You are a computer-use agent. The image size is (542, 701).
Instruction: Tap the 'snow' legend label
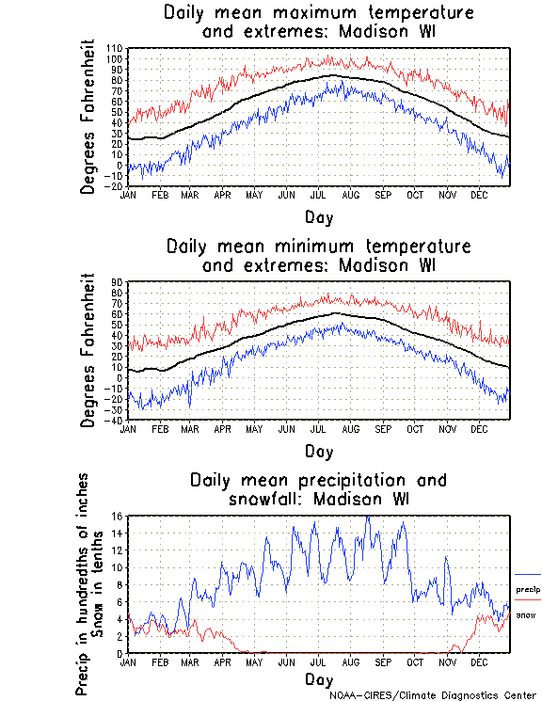(x=526, y=614)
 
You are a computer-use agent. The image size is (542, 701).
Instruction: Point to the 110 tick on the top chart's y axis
(x=115, y=48)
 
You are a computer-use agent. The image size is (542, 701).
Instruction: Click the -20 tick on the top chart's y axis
(x=115, y=186)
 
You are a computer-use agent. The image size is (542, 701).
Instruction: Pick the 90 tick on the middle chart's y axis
(x=118, y=281)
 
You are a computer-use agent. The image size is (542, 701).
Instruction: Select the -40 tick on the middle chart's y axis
(x=115, y=420)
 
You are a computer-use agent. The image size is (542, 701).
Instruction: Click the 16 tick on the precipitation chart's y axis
(x=118, y=516)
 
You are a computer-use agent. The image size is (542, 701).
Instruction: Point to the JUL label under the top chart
(x=318, y=195)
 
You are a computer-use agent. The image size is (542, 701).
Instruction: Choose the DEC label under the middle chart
(x=478, y=428)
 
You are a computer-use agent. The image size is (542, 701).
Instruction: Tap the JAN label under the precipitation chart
(x=128, y=662)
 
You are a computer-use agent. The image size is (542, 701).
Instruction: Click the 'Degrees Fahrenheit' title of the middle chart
(x=88, y=350)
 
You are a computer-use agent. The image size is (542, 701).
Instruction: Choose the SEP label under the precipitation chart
(x=382, y=662)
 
